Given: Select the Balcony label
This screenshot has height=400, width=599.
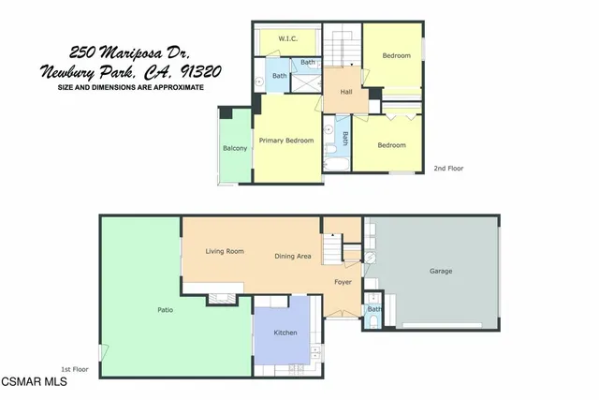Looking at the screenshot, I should (x=235, y=149).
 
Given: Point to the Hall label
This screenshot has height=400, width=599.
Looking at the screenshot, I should (x=345, y=92).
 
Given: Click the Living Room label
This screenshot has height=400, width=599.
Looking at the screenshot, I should (x=225, y=251).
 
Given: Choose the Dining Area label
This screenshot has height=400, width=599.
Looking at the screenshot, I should (x=293, y=257).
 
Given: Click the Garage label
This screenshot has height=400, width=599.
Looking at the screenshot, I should (x=441, y=272).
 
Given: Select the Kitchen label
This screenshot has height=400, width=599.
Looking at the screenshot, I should (x=285, y=333).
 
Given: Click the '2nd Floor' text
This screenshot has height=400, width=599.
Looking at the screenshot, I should (x=448, y=169).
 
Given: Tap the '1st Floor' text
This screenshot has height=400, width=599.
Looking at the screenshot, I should (x=74, y=369).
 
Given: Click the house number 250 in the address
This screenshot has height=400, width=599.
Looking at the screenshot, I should (x=85, y=53).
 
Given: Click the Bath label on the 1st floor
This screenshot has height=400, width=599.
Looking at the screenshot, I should (x=373, y=309).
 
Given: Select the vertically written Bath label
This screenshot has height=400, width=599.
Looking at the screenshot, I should (x=344, y=138).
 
